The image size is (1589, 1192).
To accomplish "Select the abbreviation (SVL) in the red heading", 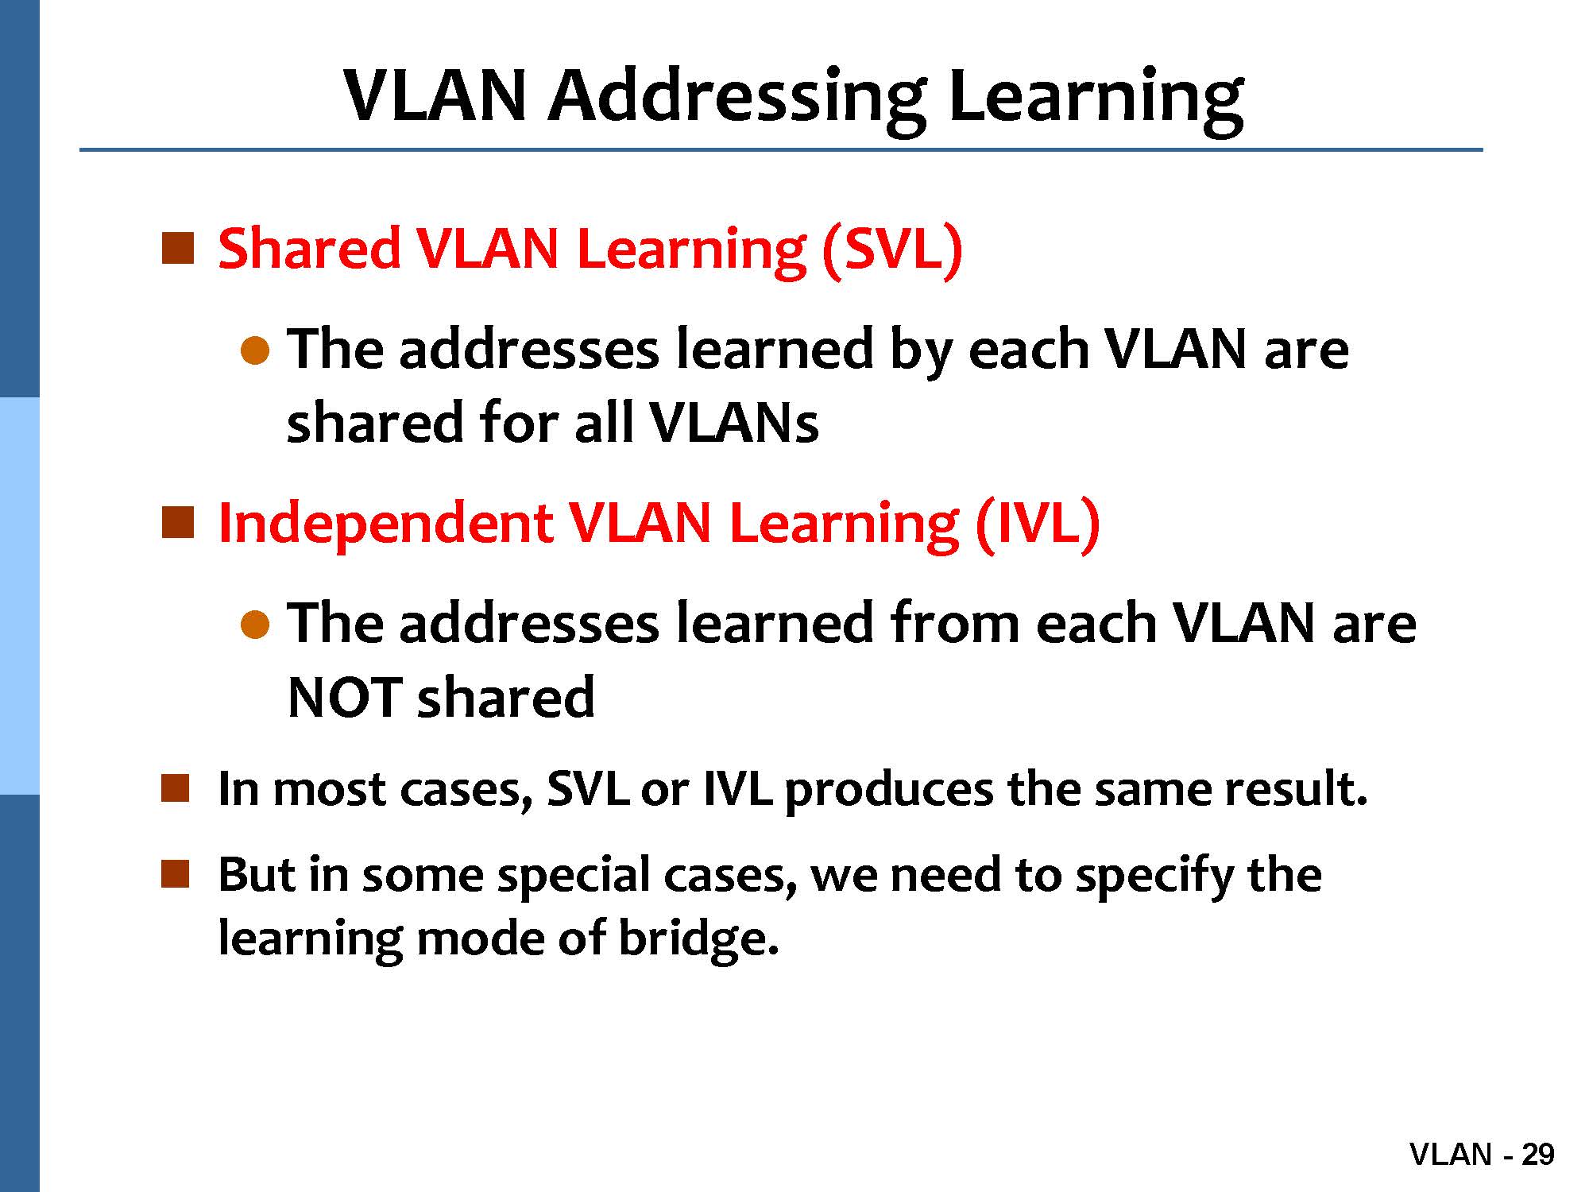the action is [x=893, y=250].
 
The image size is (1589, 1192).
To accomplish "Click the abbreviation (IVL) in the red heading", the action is [x=1038, y=524].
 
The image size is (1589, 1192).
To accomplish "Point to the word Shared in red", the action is [x=310, y=248].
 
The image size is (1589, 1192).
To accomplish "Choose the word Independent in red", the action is [x=385, y=524].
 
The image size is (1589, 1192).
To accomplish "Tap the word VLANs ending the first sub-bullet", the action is [x=733, y=422].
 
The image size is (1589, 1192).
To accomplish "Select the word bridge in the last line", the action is [x=698, y=939].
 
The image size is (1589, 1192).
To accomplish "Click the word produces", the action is [x=889, y=791].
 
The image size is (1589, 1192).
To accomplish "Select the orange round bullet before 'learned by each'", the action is [x=255, y=350].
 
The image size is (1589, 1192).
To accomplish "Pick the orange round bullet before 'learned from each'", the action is [x=255, y=625].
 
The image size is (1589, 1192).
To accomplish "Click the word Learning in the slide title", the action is [x=1096, y=99].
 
